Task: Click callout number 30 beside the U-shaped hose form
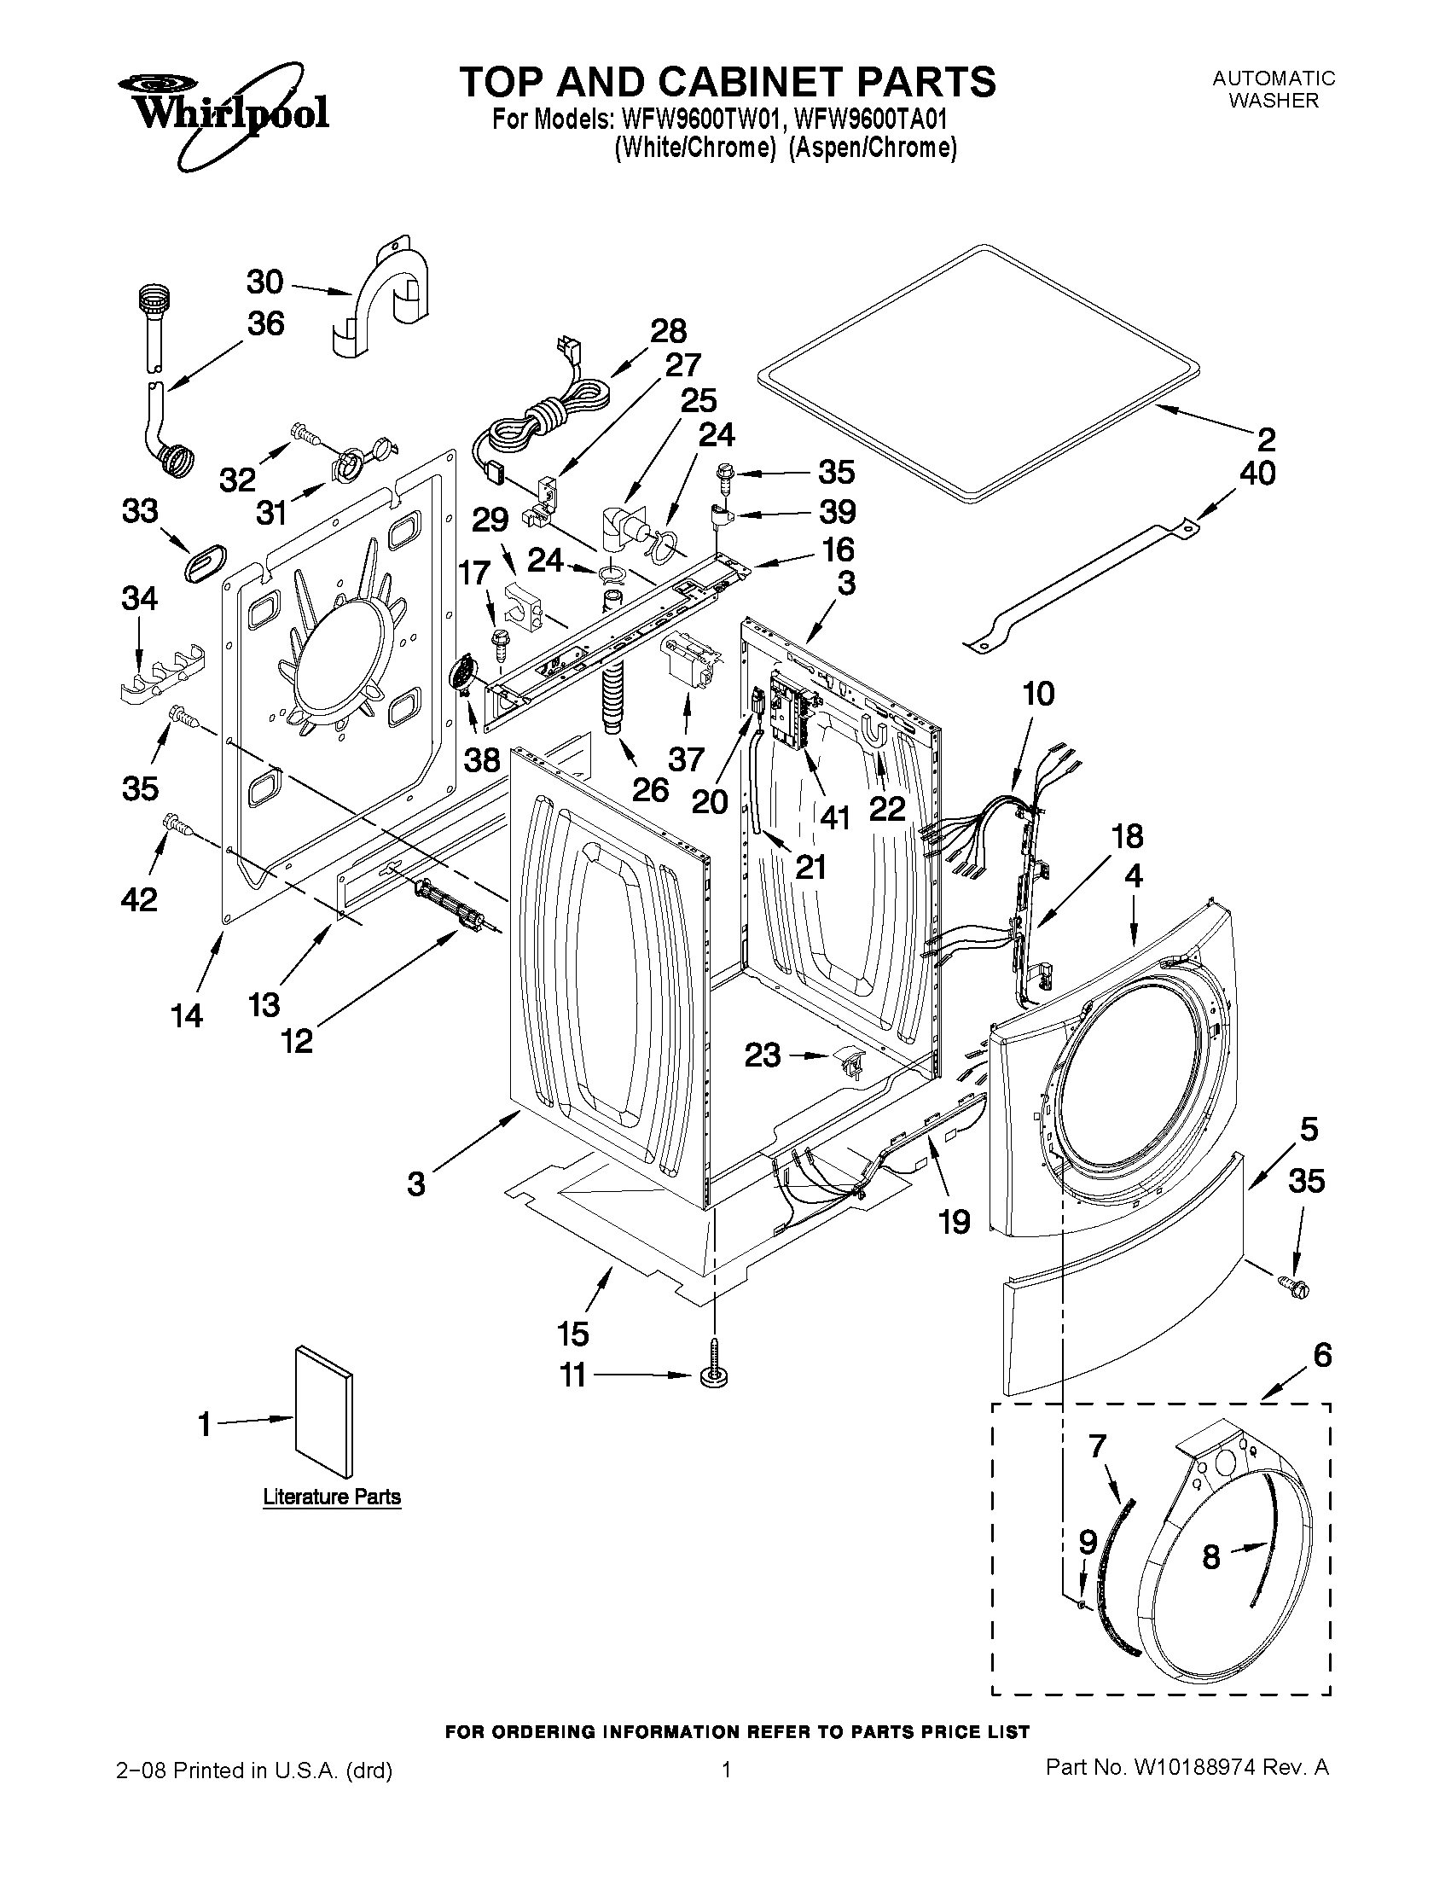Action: (x=264, y=282)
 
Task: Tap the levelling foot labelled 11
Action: (x=712, y=1374)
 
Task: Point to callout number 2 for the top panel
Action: (x=1266, y=439)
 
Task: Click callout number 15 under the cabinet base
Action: (x=572, y=1334)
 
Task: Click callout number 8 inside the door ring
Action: (x=1210, y=1557)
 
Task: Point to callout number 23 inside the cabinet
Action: (x=763, y=1055)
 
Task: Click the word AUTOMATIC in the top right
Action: (x=1273, y=78)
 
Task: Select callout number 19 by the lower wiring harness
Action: (x=955, y=1221)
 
